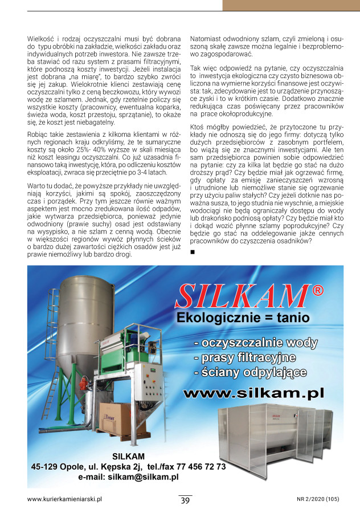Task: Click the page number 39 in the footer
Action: (x=185, y=500)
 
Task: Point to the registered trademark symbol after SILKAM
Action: (x=318, y=291)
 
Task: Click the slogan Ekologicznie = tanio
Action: (x=243, y=317)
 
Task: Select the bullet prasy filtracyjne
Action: (x=245, y=358)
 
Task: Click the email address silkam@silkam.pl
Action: (x=128, y=477)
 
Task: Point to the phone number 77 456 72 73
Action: (x=199, y=466)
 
